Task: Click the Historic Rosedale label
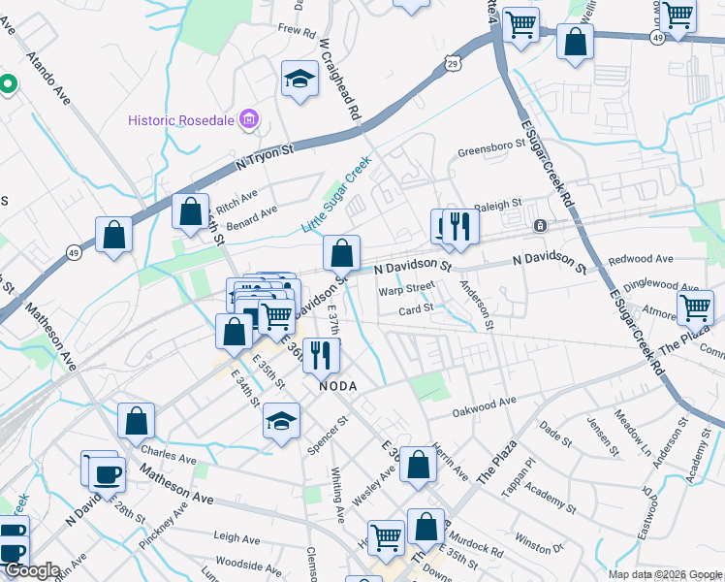[182, 120]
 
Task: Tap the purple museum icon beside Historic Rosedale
[249, 119]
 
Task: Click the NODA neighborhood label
[339, 386]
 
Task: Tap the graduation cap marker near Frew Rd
[300, 80]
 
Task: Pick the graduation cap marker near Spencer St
[281, 421]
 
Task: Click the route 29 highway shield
[453, 63]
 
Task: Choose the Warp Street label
[407, 288]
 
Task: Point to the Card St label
[416, 310]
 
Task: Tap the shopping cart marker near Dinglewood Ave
[695, 308]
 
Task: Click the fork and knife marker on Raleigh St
[461, 227]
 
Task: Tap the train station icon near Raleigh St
[540, 225]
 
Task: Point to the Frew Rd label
[297, 31]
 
